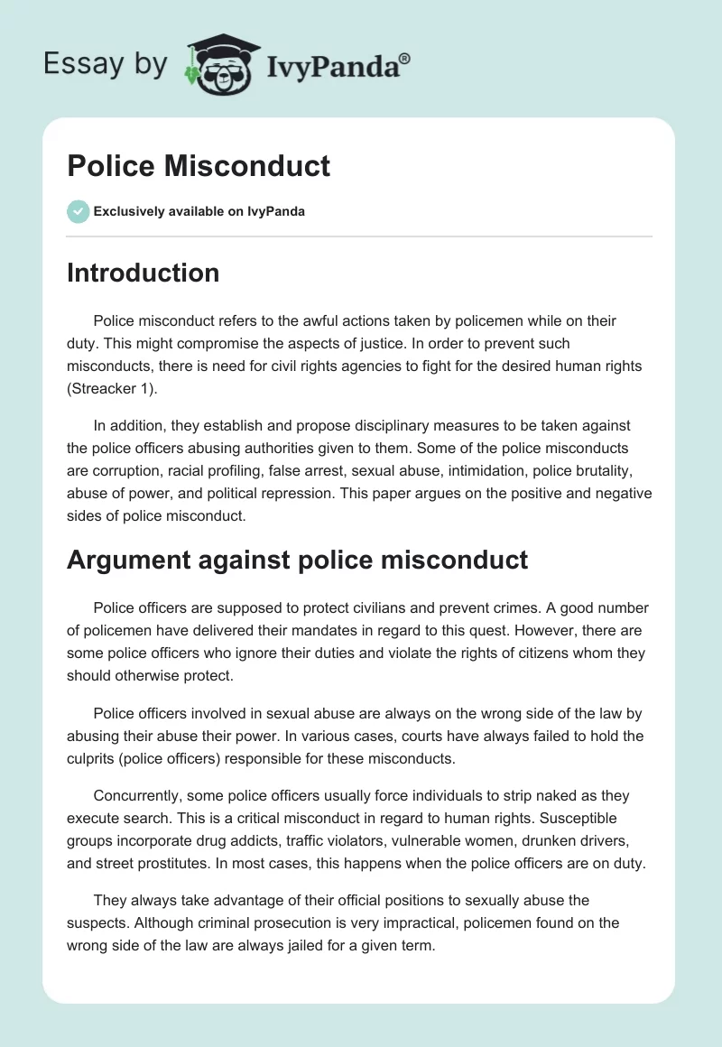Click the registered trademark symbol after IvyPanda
405,59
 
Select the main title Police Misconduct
199,166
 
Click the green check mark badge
78,211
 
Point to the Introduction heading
143,273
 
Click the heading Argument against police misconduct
297,560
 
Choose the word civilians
391,607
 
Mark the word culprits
94,759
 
